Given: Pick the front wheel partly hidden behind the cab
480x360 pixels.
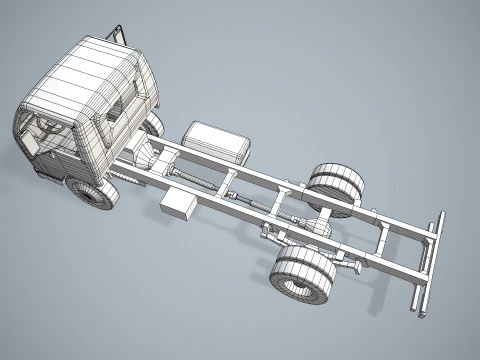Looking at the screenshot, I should click(x=153, y=126).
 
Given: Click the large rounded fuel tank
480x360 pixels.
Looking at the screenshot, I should click(x=216, y=143).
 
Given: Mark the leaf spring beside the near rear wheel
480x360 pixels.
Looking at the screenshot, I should click(x=345, y=262).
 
